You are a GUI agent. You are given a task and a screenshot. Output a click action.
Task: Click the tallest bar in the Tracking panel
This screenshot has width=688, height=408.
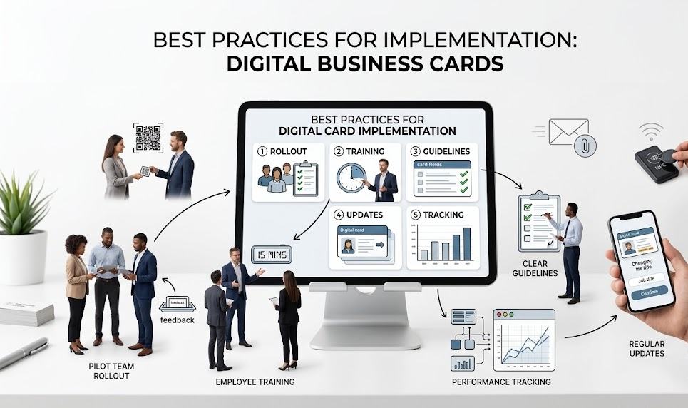tap(466, 244)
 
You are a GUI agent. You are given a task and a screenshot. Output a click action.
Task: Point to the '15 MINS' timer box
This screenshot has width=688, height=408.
tap(270, 253)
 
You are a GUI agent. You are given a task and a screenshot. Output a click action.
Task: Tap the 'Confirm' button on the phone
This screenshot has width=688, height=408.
tap(649, 291)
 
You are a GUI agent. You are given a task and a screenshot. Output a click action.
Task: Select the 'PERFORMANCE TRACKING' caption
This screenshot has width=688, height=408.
tap(501, 382)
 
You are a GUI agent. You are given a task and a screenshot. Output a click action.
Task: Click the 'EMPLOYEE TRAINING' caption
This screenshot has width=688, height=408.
tap(255, 382)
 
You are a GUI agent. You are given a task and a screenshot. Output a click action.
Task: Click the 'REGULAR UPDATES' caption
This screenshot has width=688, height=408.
tap(647, 349)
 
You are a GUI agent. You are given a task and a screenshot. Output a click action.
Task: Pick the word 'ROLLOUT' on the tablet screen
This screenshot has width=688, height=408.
tap(295, 151)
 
